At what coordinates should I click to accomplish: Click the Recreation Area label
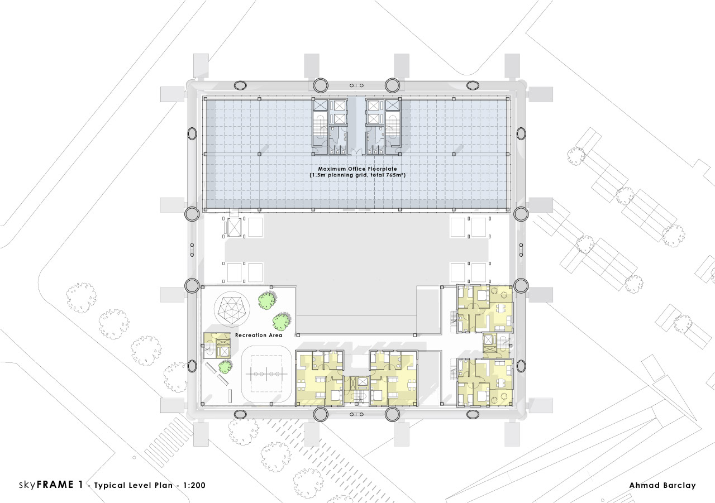(x=259, y=335)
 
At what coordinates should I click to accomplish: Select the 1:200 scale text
(x=194, y=486)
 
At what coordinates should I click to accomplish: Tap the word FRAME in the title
(x=55, y=485)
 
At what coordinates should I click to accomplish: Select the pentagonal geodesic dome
(x=232, y=309)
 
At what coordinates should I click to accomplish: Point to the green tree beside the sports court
(x=225, y=367)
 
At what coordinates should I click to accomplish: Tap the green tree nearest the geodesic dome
(x=267, y=301)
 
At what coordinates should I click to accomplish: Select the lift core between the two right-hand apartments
(x=497, y=346)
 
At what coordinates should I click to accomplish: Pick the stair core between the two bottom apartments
(x=357, y=391)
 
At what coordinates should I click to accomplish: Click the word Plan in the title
(x=164, y=486)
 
